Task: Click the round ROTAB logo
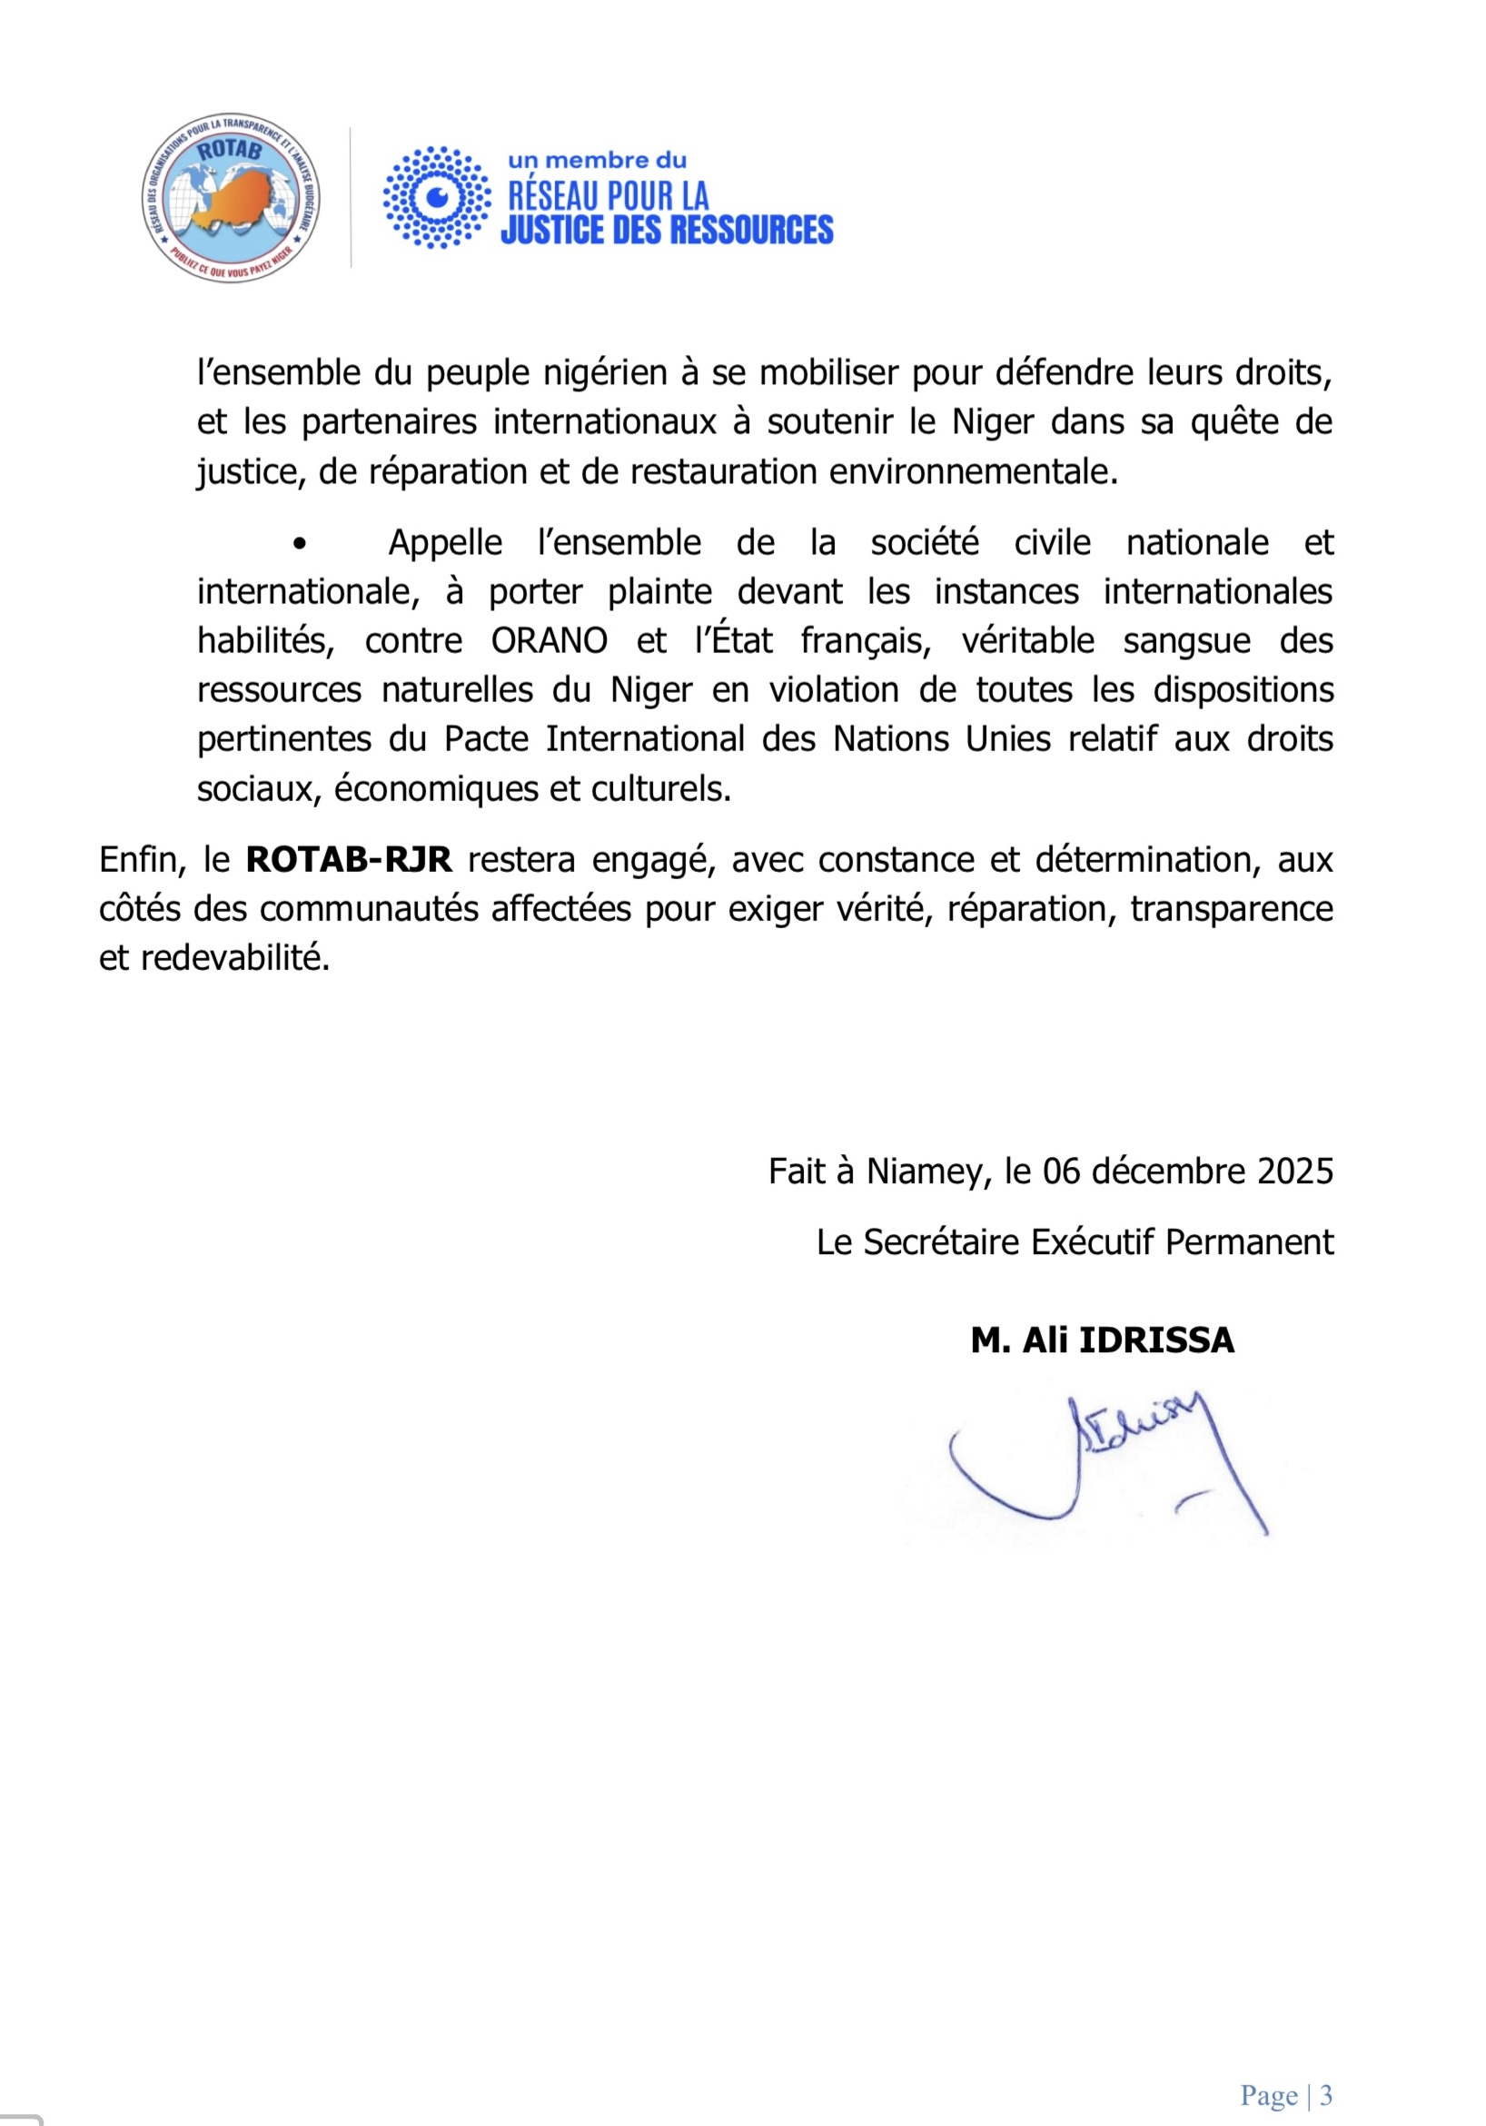(231, 198)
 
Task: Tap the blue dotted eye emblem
(437, 197)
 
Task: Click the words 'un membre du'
(597, 160)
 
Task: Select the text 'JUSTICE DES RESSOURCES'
(667, 230)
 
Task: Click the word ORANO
(549, 641)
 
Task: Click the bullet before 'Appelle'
(298, 545)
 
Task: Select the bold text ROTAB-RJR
(348, 860)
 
